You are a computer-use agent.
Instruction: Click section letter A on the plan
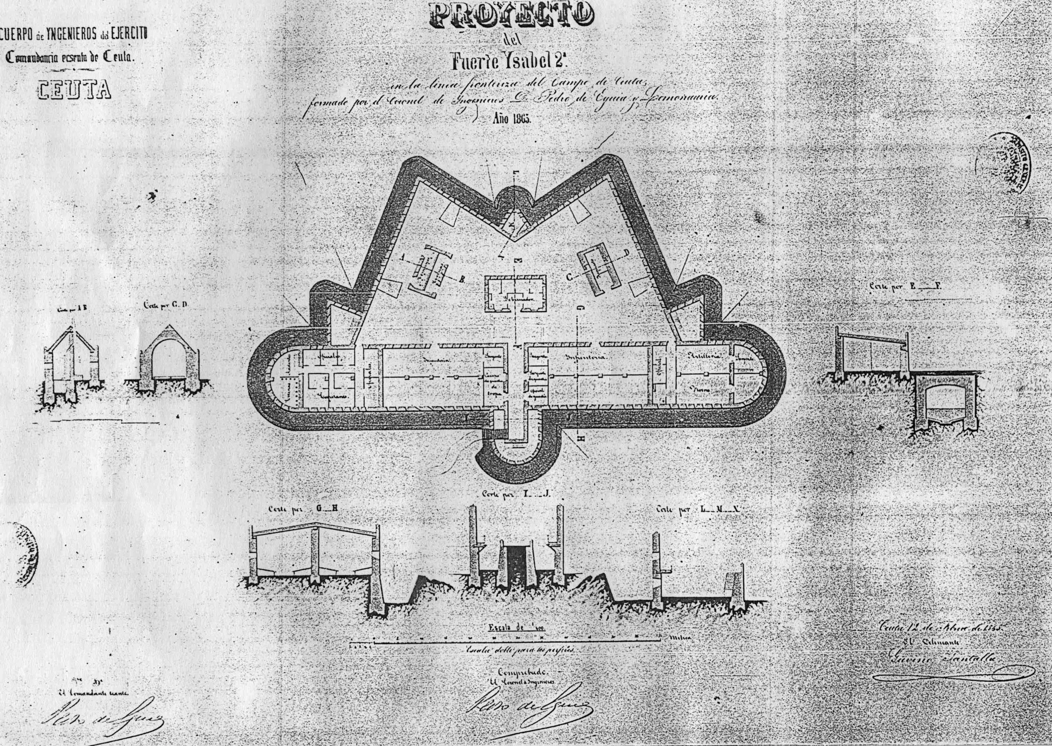402,259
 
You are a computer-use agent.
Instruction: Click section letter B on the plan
462,279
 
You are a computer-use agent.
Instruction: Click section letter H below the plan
580,440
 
